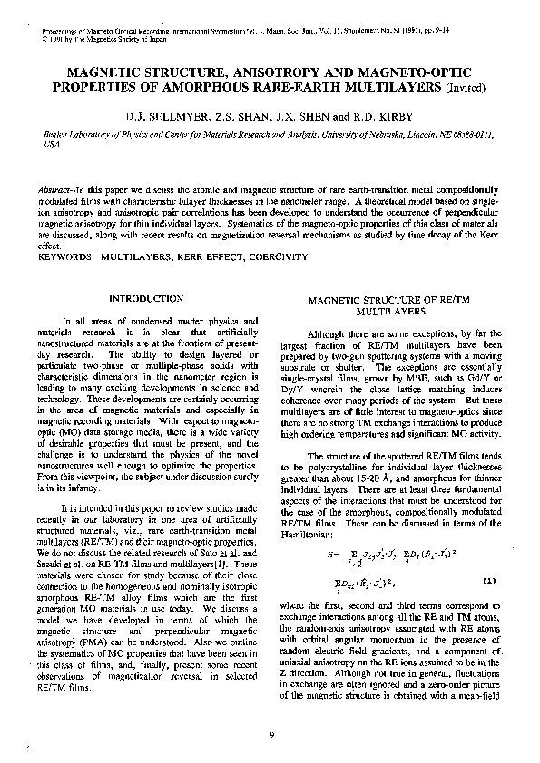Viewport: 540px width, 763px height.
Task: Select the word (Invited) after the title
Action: coord(463,89)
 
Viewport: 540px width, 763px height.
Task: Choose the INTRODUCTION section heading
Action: coord(145,297)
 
